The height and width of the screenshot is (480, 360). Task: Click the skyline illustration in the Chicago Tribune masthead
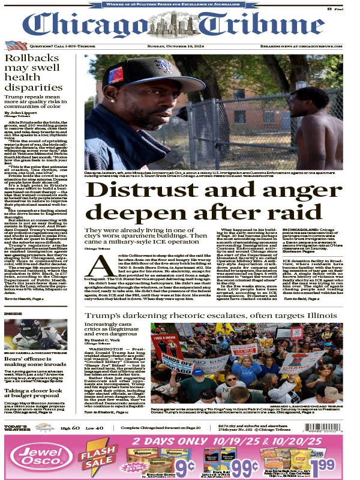[x=180, y=24]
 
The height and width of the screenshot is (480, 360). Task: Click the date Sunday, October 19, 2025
[x=180, y=46]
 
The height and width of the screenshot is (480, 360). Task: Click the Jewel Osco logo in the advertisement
[x=34, y=456]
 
